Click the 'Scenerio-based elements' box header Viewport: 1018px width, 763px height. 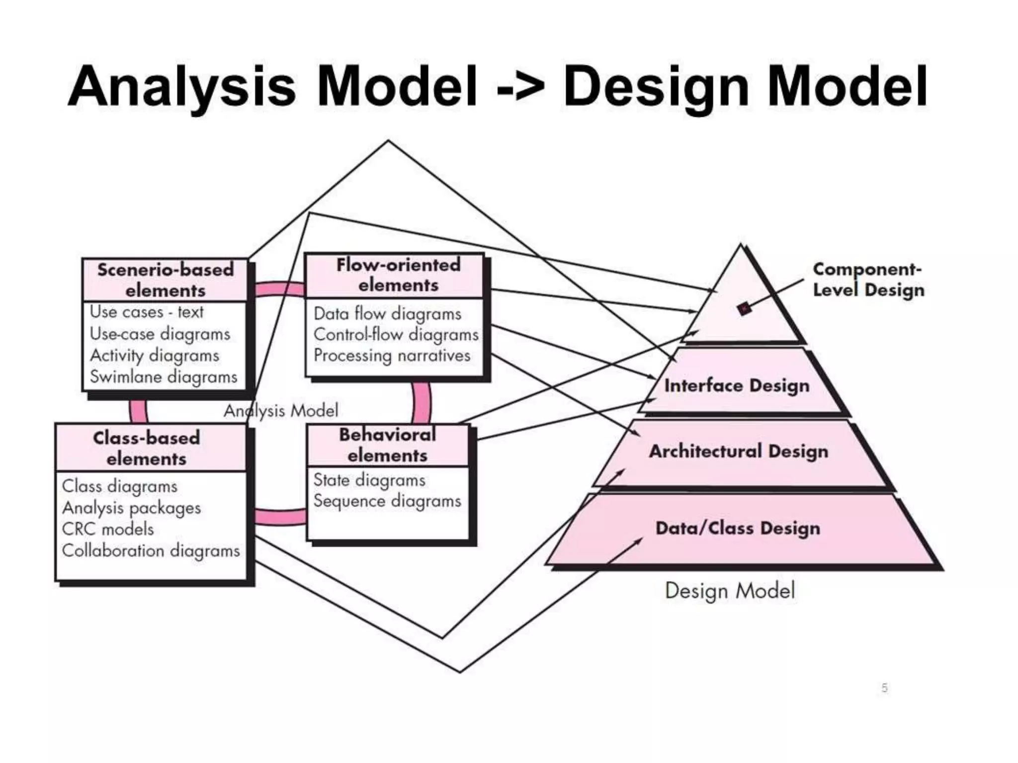165,280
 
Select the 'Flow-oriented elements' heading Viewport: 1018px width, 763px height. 398,275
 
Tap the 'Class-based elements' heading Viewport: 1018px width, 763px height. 147,448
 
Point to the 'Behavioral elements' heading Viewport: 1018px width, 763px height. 388,445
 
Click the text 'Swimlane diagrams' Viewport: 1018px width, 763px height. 164,377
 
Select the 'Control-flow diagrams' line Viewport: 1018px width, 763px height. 396,335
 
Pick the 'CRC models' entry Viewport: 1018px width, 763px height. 108,529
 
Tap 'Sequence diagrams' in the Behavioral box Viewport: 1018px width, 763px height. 387,501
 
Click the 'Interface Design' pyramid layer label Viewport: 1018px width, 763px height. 737,385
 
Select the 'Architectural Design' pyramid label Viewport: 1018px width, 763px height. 739,451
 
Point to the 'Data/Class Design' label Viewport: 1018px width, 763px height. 738,528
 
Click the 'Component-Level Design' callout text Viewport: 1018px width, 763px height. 868,279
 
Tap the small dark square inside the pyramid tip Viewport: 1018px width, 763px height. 744,308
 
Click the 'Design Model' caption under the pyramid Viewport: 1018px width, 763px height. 730,591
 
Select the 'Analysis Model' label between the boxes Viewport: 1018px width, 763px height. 281,411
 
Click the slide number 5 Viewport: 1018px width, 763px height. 884,688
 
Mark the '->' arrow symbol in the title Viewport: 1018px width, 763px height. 520,87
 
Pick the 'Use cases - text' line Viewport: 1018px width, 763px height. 147,312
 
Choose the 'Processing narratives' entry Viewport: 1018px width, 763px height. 392,356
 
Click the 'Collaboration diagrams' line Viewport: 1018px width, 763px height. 151,551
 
